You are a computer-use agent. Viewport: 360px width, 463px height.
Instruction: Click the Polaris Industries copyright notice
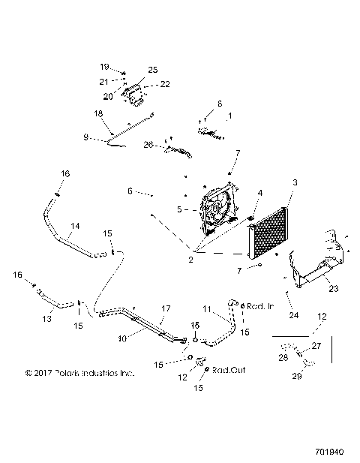[x=79, y=371]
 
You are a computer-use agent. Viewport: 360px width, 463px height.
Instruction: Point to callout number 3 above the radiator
[x=295, y=182]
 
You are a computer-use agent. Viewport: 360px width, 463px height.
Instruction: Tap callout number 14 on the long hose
[x=75, y=225]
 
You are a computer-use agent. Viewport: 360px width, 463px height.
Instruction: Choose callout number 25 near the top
[x=153, y=69]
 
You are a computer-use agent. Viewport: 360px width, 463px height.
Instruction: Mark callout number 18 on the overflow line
[x=97, y=113]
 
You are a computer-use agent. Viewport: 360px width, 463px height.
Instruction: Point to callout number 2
[x=192, y=260]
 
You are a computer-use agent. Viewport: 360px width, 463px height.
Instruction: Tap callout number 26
[x=148, y=144]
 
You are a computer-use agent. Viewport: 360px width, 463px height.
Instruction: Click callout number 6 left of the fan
[x=129, y=191]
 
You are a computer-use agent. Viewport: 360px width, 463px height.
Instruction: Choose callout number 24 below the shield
[x=293, y=315]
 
